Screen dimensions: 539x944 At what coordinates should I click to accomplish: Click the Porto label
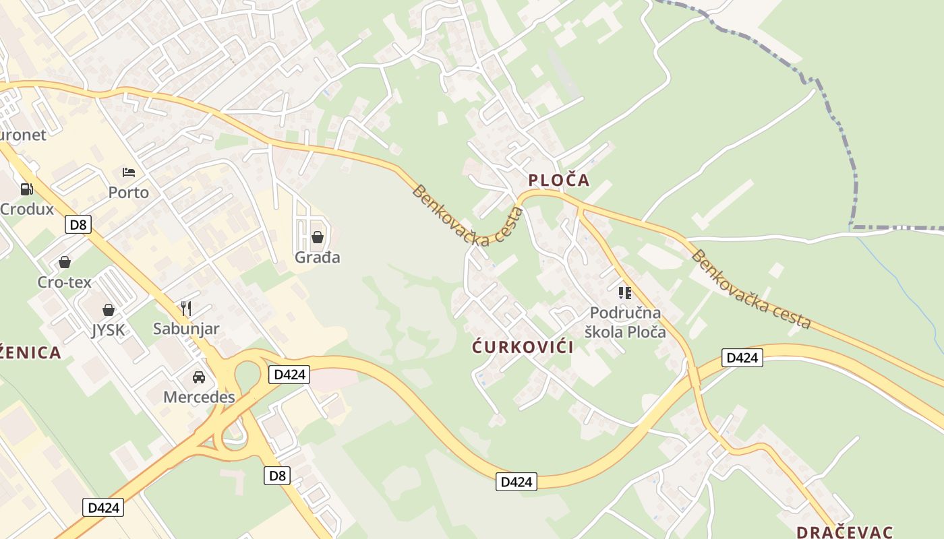pyautogui.click(x=129, y=193)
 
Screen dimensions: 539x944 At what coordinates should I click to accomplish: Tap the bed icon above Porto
pyautogui.click(x=129, y=172)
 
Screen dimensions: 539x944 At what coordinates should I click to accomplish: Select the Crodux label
pyautogui.click(x=27, y=209)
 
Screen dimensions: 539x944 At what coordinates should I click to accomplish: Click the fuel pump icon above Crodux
pyautogui.click(x=26, y=189)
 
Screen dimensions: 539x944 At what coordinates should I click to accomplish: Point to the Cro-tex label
pyautogui.click(x=65, y=282)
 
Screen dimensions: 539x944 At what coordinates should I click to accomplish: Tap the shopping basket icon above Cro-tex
pyautogui.click(x=65, y=262)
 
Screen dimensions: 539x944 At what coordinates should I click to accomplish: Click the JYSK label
pyautogui.click(x=109, y=330)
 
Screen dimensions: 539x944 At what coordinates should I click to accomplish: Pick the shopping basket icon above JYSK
pyautogui.click(x=109, y=310)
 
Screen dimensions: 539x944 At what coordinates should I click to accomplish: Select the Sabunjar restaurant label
pyautogui.click(x=186, y=329)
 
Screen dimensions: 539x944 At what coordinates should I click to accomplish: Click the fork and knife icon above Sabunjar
pyautogui.click(x=186, y=309)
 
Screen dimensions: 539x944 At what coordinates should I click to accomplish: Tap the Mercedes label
pyautogui.click(x=199, y=397)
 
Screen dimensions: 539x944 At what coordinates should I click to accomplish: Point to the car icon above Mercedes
pyautogui.click(x=199, y=377)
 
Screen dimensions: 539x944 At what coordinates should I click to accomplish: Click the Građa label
pyautogui.click(x=318, y=257)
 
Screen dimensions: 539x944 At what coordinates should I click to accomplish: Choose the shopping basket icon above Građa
pyautogui.click(x=318, y=237)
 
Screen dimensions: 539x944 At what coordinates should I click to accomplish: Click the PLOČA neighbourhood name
pyautogui.click(x=559, y=180)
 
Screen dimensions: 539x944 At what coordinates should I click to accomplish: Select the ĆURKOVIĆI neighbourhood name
pyautogui.click(x=523, y=347)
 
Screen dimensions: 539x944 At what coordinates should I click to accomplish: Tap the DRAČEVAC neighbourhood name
pyautogui.click(x=845, y=532)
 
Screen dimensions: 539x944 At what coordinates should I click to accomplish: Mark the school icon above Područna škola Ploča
pyautogui.click(x=625, y=292)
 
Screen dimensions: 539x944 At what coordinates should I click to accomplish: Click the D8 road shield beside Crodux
pyautogui.click(x=79, y=224)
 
